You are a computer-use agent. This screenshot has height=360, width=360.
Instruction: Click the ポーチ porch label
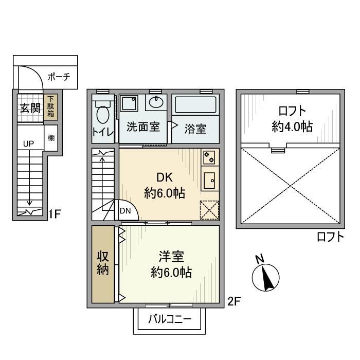tap(59, 78)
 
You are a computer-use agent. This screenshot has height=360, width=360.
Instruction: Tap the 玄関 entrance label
tap(30, 108)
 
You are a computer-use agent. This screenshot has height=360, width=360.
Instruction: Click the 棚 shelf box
tap(51, 138)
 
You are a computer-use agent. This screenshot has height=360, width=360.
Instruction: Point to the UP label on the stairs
tap(28, 144)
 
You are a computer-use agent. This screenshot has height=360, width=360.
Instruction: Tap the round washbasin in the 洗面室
tap(156, 102)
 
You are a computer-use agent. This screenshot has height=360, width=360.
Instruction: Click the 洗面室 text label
tap(143, 127)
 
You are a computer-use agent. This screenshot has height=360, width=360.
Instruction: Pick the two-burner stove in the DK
tap(209, 158)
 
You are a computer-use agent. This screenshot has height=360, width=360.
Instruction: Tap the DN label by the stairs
tap(125, 210)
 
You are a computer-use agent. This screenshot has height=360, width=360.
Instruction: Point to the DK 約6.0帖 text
tap(164, 186)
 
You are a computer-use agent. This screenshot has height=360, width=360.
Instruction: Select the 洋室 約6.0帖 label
tap(171, 264)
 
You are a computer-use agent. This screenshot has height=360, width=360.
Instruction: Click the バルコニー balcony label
tap(170, 319)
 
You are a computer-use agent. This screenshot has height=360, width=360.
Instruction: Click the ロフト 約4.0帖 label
tap(292, 118)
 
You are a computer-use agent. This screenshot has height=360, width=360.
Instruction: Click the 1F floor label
tap(56, 212)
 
